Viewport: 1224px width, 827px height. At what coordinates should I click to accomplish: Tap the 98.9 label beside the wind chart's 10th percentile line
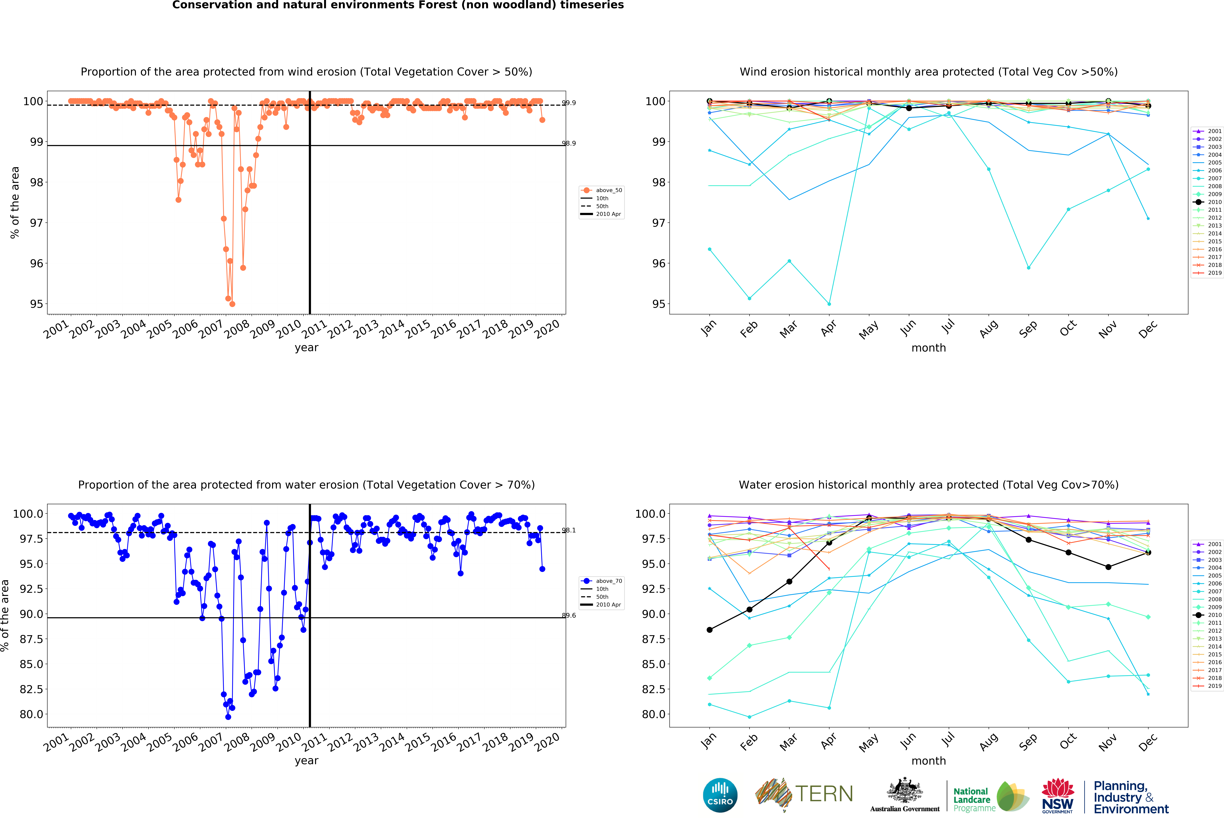(569, 143)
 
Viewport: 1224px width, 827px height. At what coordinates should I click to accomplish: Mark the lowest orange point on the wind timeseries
(232, 304)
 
